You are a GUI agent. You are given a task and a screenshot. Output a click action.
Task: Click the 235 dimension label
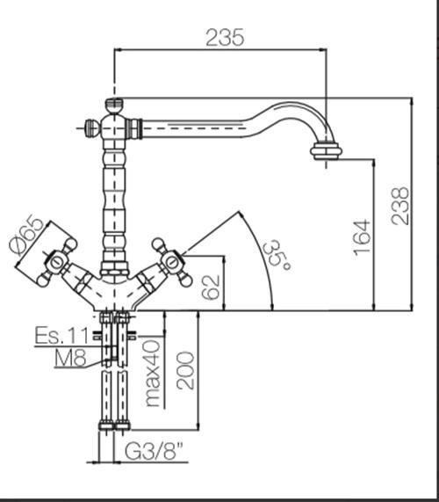(225, 38)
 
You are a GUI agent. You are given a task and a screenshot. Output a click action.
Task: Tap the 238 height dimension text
(400, 206)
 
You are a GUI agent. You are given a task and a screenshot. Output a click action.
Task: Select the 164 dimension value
(362, 237)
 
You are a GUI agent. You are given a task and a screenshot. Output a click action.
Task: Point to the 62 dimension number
(211, 287)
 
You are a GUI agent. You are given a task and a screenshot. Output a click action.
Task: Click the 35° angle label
(276, 256)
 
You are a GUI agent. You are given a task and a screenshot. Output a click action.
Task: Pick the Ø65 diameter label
(26, 236)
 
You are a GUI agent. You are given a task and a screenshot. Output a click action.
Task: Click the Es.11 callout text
(61, 335)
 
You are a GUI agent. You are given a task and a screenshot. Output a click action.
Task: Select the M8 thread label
(70, 358)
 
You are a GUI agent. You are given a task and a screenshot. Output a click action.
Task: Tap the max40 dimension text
(153, 374)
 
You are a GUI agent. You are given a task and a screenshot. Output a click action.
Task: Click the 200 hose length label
(185, 371)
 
